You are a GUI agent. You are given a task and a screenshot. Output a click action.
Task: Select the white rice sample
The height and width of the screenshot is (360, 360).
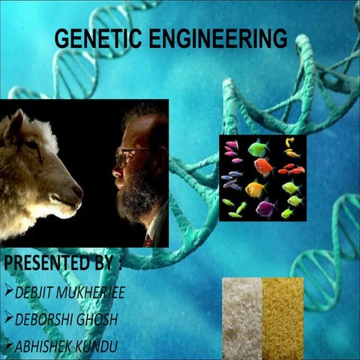click(241, 315)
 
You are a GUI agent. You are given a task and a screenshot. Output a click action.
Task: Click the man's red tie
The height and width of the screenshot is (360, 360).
click(148, 241)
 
